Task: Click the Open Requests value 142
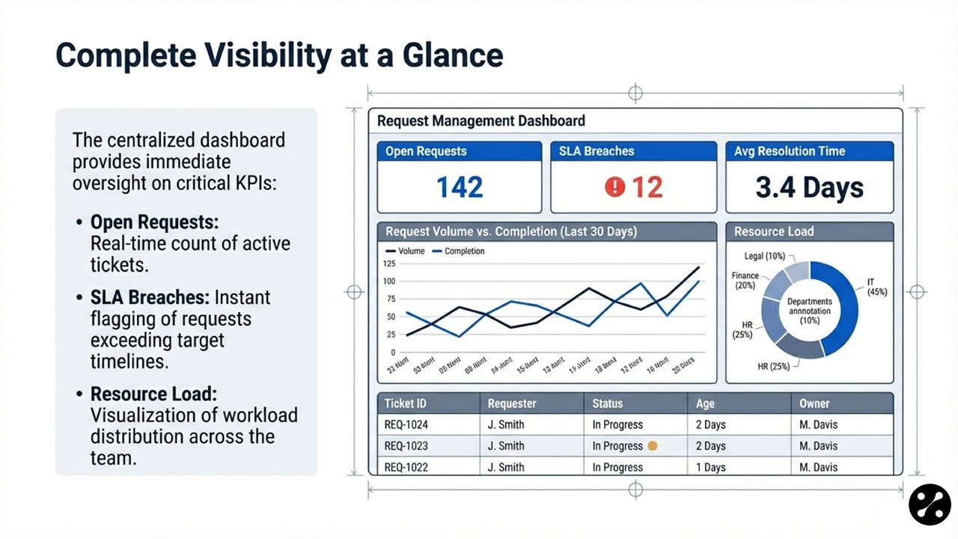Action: [459, 187]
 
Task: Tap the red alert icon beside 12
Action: [614, 187]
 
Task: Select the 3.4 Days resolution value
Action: [809, 187]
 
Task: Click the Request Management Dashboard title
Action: [480, 121]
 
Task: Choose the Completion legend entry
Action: [458, 252]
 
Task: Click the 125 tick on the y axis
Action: [388, 264]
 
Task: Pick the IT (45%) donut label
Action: [876, 287]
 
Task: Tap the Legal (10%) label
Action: [764, 258]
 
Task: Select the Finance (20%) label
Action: [745, 281]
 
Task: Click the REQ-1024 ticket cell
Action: [406, 424]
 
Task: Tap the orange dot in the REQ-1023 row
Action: [652, 445]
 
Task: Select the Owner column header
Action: [814, 404]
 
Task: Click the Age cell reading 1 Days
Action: [710, 467]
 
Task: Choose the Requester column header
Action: [512, 404]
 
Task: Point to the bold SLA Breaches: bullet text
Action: [150, 297]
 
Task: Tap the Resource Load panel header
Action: [773, 232]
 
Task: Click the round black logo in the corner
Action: [930, 504]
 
